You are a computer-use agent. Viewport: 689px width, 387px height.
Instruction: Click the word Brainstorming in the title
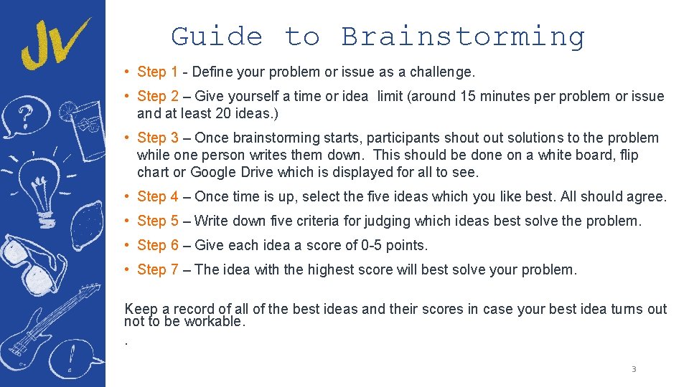tap(463, 37)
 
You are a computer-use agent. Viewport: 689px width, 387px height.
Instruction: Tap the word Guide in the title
tap(217, 36)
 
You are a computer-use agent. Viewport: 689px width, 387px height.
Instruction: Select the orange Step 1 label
tap(157, 72)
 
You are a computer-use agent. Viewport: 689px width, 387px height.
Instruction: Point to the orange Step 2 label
tap(157, 96)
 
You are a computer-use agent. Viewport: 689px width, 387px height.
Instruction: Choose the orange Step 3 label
tap(157, 138)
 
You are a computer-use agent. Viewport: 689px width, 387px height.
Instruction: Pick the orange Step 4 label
tap(157, 196)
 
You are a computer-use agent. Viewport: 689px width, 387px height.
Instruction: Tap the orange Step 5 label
tap(157, 221)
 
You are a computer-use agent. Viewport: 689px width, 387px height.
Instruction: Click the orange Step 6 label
tap(157, 245)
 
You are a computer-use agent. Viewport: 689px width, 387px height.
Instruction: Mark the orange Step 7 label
tap(157, 269)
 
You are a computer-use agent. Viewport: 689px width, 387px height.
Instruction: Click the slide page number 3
tap(634, 369)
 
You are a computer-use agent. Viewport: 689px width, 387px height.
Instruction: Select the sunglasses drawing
tap(32, 262)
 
